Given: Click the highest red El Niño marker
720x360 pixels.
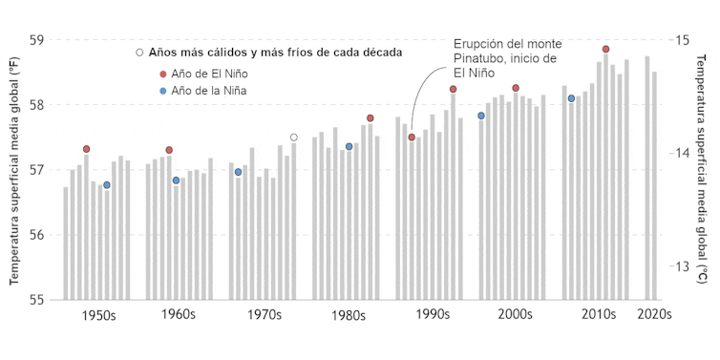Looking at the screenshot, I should click(x=605, y=49).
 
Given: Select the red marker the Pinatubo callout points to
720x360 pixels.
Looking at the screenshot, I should click(x=412, y=138).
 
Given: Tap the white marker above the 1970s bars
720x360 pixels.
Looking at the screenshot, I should click(x=293, y=138).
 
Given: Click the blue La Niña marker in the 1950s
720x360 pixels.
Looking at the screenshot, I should click(x=107, y=185).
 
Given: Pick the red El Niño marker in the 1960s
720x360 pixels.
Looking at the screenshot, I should click(x=169, y=150).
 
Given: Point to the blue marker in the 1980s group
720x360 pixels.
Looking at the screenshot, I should click(x=349, y=146).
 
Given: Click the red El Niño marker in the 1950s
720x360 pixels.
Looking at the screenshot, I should click(x=86, y=149).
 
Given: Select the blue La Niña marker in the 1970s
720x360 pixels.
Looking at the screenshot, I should click(x=238, y=172).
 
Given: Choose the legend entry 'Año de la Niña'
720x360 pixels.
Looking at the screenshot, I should click(x=213, y=91).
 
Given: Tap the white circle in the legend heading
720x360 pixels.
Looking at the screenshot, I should click(x=139, y=52).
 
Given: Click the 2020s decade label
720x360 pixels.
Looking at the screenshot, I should click(x=654, y=314).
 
